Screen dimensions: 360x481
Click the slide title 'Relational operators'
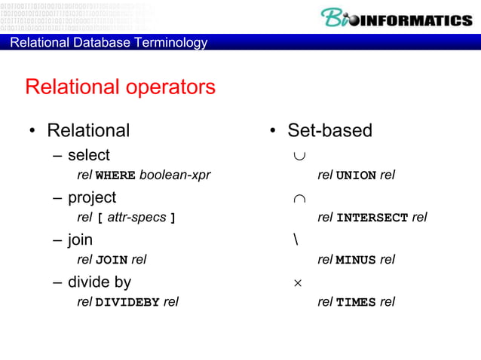[121, 87]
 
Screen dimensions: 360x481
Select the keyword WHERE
[115, 175]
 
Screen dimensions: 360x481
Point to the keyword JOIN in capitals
[112, 260]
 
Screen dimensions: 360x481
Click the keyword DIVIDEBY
[127, 302]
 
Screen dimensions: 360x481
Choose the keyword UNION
[356, 175]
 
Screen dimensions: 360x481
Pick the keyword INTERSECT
[372, 218]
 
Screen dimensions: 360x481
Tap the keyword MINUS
[356, 260]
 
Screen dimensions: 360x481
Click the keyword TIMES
[356, 302]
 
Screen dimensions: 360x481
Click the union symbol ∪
[300, 155]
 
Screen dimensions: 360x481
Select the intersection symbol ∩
[300, 197]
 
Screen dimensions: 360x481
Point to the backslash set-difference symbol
[296, 239]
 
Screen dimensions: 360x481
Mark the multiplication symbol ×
[298, 282]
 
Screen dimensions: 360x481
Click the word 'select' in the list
[89, 155]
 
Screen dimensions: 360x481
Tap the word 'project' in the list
[92, 197]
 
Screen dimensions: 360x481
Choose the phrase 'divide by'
[100, 282]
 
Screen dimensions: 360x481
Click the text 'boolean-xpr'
[175, 175]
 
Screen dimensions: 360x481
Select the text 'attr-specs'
[137, 218]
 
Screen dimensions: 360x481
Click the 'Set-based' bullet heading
[329, 130]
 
